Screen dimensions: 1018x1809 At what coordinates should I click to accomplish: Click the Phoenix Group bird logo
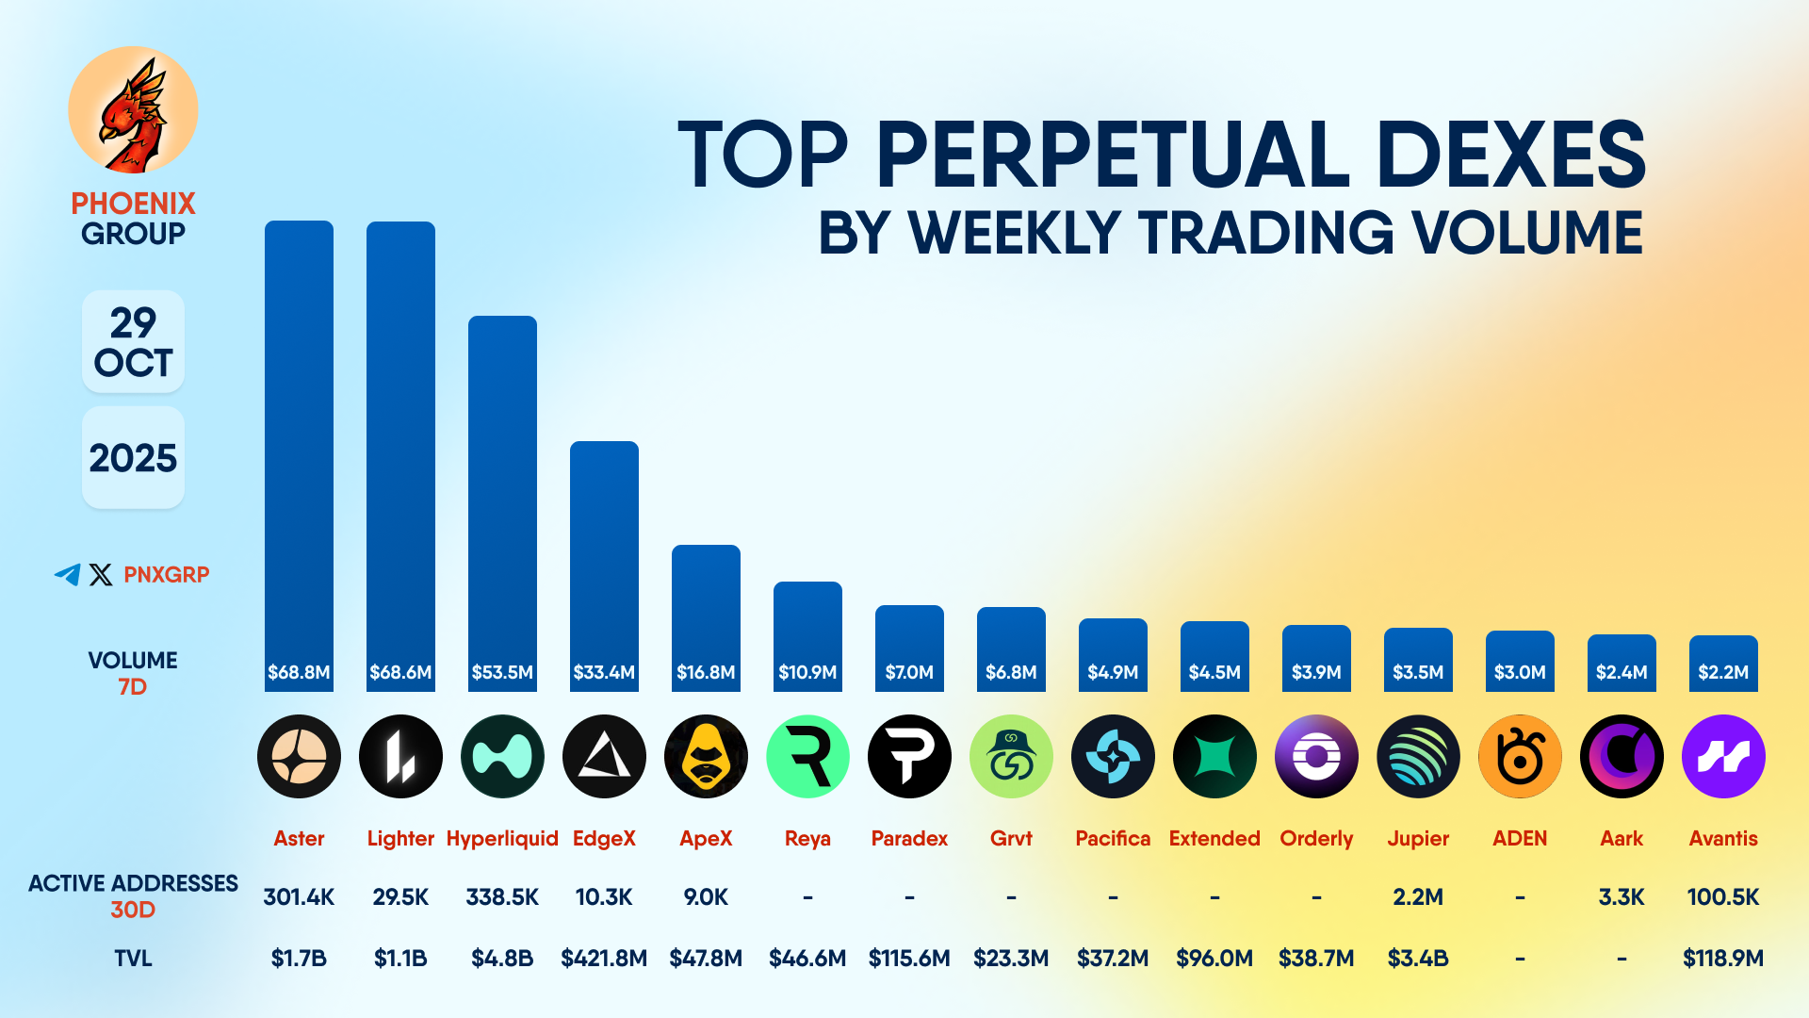tap(133, 110)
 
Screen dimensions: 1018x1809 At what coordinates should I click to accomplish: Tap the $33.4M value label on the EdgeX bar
tap(604, 672)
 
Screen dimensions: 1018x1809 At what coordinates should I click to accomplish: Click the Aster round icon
tap(299, 756)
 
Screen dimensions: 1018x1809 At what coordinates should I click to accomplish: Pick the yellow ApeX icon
tap(706, 756)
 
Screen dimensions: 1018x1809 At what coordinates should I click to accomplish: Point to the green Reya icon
tap(807, 756)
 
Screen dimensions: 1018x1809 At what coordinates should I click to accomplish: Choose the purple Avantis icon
tap(1723, 756)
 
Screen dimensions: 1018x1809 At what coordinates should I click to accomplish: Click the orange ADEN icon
tap(1520, 756)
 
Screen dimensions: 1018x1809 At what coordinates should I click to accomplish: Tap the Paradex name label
tap(909, 838)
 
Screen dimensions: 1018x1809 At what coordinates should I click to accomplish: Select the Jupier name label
tap(1418, 838)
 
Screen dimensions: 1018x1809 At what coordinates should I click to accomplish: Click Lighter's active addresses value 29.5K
tap(400, 896)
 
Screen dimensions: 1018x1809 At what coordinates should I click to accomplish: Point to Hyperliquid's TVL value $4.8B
tap(502, 958)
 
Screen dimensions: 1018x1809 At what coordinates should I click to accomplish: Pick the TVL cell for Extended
tap(1214, 958)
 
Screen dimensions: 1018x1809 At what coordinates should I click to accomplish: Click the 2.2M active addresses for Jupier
tap(1418, 896)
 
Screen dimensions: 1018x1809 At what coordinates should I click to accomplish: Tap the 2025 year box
tap(133, 458)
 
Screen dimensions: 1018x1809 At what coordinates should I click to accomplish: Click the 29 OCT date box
tap(133, 341)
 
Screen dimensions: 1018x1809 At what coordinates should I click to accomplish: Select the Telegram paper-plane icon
tap(68, 574)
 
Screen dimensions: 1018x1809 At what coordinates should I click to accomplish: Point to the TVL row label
tap(133, 958)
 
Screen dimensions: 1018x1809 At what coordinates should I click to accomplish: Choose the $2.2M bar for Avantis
tap(1723, 664)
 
